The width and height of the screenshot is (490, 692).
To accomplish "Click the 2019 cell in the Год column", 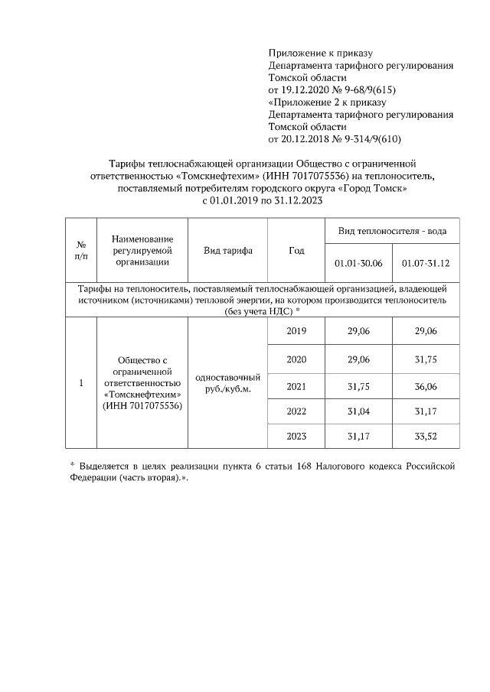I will coord(296,331).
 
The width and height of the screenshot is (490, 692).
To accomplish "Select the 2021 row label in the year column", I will coord(296,387).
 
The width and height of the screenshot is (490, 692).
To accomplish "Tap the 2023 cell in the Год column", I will coord(296,436).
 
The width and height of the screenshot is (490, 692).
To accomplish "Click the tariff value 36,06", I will coord(425,387).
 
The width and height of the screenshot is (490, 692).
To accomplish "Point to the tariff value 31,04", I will coord(358,411).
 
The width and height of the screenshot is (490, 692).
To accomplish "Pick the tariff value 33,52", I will coord(425,436).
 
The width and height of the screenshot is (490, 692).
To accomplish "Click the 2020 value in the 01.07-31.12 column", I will coord(425,359).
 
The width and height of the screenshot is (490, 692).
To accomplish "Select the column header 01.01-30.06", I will coord(358,263).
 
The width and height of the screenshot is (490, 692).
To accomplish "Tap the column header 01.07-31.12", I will coord(425,263).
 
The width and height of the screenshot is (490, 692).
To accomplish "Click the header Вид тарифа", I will coord(228,251).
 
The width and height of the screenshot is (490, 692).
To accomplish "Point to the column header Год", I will coord(296,251).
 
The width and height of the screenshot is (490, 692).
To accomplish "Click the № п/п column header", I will coord(80,251).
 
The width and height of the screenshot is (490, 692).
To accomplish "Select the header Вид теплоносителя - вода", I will coord(392,230).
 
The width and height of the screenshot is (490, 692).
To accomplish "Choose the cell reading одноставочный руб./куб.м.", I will coord(228,383).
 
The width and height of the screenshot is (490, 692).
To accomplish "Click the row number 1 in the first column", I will coord(80,383).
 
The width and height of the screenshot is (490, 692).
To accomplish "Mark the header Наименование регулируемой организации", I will coord(142,251).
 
